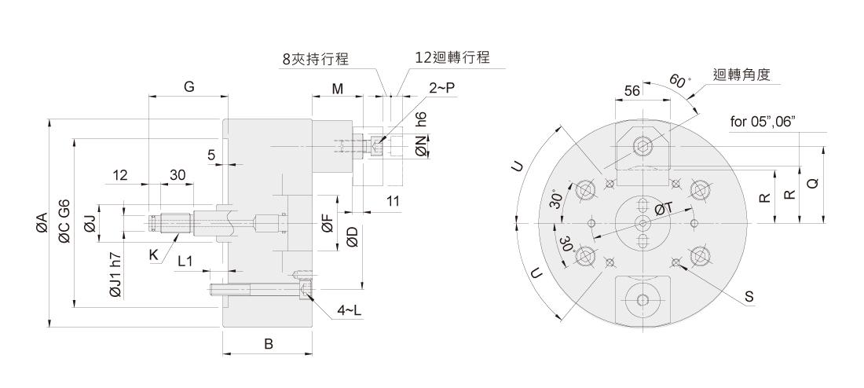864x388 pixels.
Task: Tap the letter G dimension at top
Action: pyautogui.click(x=189, y=87)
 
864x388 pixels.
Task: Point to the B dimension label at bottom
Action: pyautogui.click(x=268, y=344)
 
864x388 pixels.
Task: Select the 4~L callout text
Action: pyautogui.click(x=349, y=311)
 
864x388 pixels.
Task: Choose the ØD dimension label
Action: pyautogui.click(x=352, y=236)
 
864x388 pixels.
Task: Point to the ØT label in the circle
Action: pyautogui.click(x=664, y=208)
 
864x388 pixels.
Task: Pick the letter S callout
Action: pyautogui.click(x=749, y=296)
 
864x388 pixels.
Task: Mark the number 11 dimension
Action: pyautogui.click(x=392, y=202)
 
